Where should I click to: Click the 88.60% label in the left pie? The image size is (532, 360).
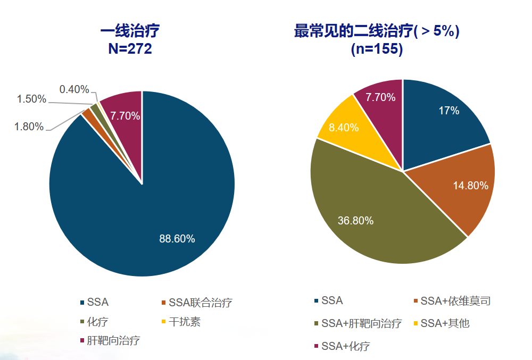coord(177,239)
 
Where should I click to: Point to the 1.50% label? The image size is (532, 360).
coord(31,99)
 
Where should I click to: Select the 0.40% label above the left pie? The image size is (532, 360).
coord(74,89)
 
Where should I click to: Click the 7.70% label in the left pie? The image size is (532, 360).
coord(125,115)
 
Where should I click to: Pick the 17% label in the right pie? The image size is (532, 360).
coord(448,111)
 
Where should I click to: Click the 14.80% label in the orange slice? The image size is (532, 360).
coord(470,186)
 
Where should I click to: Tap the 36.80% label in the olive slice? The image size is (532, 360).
coord(355,221)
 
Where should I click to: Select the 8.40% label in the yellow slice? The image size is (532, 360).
coord(344,128)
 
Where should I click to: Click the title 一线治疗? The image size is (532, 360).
coord(130,31)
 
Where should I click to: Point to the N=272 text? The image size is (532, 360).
coord(130,49)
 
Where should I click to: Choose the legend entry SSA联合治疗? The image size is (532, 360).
coord(200,303)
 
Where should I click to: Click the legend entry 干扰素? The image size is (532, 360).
coord(184,322)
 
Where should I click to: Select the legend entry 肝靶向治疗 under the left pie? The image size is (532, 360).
coord(113,341)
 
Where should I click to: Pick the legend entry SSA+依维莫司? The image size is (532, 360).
coord(455,301)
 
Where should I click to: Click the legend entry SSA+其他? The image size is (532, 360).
coord(445,323)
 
